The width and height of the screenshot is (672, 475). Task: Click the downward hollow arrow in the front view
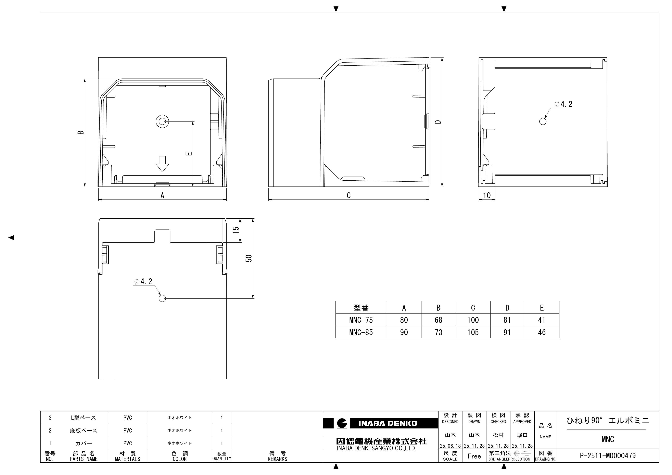[x=162, y=164]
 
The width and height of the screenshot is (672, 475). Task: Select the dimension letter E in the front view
[x=189, y=153]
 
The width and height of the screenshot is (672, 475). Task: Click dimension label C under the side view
[x=348, y=195]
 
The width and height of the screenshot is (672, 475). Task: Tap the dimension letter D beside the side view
[x=438, y=122]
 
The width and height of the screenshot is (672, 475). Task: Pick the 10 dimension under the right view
[x=487, y=195]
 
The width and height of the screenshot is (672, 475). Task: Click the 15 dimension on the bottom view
[x=236, y=230]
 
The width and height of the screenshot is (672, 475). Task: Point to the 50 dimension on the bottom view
[x=249, y=258]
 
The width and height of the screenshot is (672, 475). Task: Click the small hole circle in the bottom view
[x=162, y=298]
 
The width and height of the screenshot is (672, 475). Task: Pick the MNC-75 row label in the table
[x=361, y=320]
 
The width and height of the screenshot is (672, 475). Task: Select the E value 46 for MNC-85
[x=542, y=332]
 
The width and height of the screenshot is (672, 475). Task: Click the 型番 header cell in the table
[x=361, y=308]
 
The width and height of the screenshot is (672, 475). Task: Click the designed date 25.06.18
[x=450, y=446]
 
